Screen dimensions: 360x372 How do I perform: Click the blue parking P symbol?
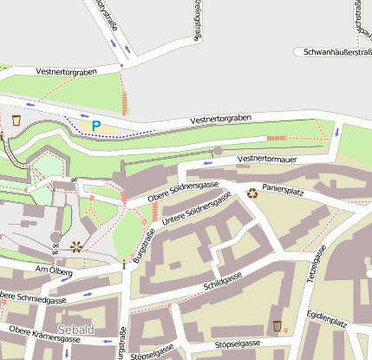tap(96, 126)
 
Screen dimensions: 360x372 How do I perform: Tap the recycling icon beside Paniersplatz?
tap(252, 193)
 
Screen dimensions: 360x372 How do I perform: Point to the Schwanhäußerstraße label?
tap(333, 52)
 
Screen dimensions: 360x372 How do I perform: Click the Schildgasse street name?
tap(221, 282)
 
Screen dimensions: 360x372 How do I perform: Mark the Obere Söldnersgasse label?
tap(182, 190)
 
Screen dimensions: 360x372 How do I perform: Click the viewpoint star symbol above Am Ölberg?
tap(77, 246)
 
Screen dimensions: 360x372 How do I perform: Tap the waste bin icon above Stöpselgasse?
tap(277, 325)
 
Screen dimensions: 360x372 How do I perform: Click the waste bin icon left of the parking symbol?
tap(16, 119)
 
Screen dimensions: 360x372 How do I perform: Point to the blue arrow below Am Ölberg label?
tap(89, 294)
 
